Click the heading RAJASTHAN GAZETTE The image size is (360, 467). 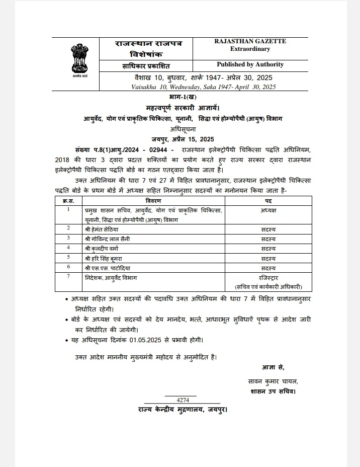tap(250, 42)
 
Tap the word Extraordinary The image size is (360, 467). tap(250, 49)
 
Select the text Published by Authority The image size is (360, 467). tap(250, 65)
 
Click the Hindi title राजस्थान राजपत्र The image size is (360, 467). tap(141, 44)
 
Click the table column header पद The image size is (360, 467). tap(268, 201)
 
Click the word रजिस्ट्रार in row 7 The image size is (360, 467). tap(268, 278)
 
